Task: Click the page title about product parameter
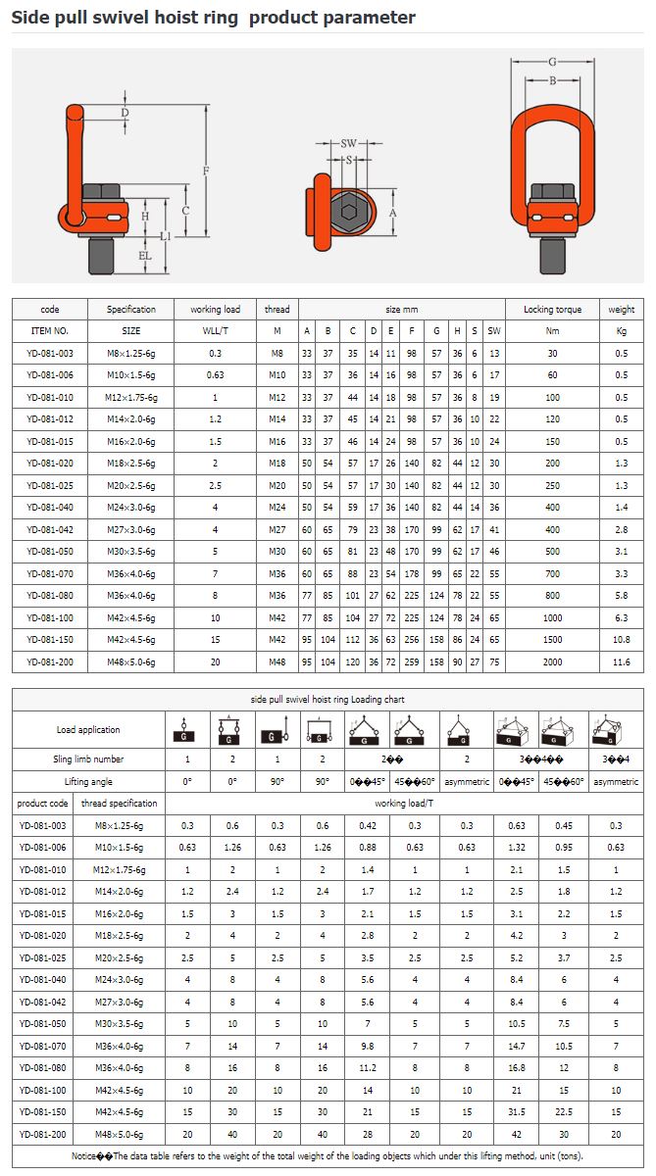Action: click(213, 18)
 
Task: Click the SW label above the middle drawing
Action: click(349, 143)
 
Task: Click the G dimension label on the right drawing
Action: click(553, 62)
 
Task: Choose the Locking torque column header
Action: click(552, 310)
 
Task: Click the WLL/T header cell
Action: click(215, 331)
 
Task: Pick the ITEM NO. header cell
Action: click(50, 331)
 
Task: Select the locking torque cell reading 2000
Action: click(552, 661)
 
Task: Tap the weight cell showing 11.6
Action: click(621, 661)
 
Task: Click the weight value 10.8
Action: click(621, 640)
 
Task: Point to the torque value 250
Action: click(552, 486)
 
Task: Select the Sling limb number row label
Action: click(88, 759)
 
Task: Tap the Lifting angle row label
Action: click(88, 782)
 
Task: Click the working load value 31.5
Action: click(517, 1111)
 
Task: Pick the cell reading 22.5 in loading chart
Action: click(564, 1111)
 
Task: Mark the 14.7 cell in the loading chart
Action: click(517, 1047)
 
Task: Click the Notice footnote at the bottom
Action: click(328, 1156)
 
